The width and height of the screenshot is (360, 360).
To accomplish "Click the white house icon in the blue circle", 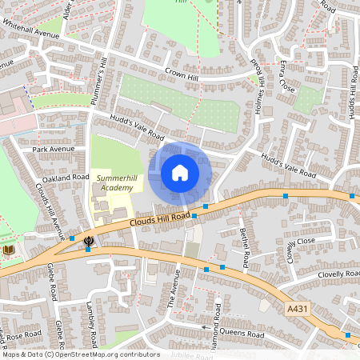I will pos(180,173).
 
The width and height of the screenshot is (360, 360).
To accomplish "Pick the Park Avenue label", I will pos(53,149).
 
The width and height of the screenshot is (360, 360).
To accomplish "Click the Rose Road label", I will pos(26,334).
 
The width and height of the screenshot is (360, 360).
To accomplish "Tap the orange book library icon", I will pos(9,250).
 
